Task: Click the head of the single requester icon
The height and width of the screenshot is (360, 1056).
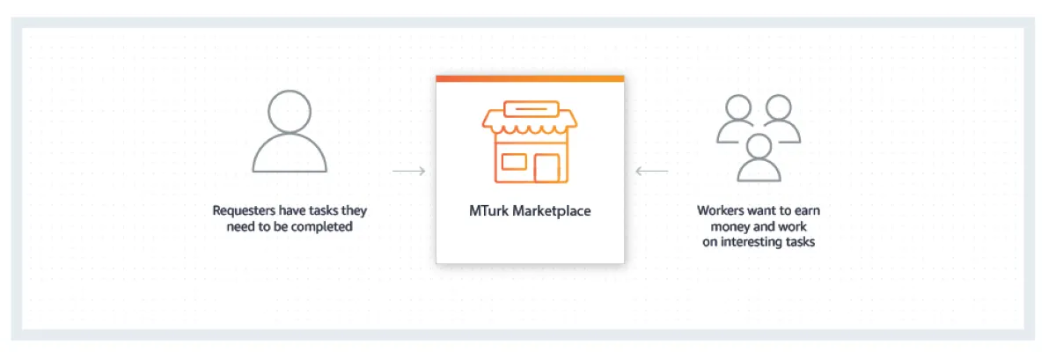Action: click(290, 113)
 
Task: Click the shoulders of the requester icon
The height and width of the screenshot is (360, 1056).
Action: click(290, 158)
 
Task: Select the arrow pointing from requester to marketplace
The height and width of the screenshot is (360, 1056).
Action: click(409, 171)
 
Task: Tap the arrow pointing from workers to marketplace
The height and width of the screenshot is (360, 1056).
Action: click(651, 171)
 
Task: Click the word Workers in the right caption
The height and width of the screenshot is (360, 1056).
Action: click(721, 211)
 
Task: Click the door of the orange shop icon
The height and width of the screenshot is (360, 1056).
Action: click(547, 168)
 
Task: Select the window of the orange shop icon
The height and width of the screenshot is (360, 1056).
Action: click(513, 162)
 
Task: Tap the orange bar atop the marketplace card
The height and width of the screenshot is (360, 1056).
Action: click(530, 78)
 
